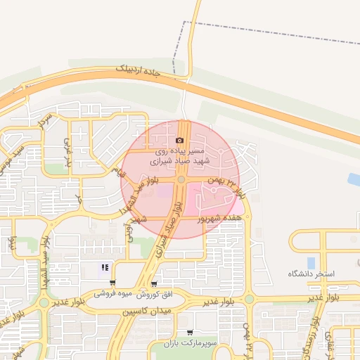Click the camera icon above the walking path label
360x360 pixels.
(179, 141)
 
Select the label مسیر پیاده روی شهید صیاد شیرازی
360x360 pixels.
(179, 156)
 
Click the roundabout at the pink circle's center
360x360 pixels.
(181, 180)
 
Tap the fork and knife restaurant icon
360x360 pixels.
(105, 267)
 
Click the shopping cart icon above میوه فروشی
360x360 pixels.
(112, 283)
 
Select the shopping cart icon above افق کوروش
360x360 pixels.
(154, 284)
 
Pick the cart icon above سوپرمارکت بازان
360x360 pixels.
(189, 332)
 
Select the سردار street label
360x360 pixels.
(45, 121)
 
